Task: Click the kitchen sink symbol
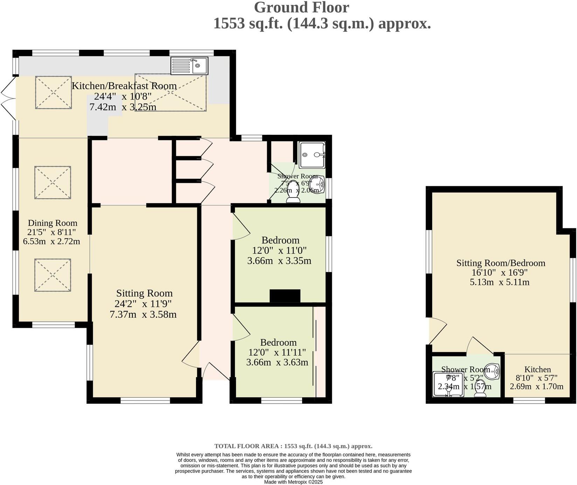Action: tap(189, 65)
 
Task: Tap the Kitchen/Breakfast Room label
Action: tap(124, 86)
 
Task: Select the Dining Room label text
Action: tap(53, 223)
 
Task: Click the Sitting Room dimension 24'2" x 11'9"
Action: tap(143, 304)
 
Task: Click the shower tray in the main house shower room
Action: tap(312, 154)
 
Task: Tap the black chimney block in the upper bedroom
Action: tap(285, 296)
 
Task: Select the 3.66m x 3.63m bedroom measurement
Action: tap(277, 362)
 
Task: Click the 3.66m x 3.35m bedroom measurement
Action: tap(279, 261)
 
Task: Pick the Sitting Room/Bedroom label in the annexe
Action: tap(501, 263)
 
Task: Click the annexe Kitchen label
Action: tap(537, 369)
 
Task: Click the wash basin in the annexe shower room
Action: tap(493, 370)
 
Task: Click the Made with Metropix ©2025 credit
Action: tap(293, 482)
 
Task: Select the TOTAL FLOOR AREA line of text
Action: tap(293, 446)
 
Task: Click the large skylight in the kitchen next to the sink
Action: tap(171, 92)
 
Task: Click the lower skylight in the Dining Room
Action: tap(53, 275)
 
